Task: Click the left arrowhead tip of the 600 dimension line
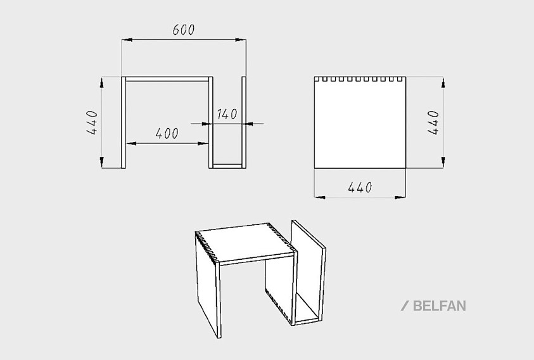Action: tap(122, 40)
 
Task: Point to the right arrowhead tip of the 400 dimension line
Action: tap(208, 143)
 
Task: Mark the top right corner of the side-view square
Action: tap(406, 77)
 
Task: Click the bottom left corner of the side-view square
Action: tap(314, 168)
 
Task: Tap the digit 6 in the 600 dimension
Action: tap(176, 30)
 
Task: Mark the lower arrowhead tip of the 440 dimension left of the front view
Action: tap(101, 168)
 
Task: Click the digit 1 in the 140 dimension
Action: tap(220, 114)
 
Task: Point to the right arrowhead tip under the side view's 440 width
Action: tap(406, 197)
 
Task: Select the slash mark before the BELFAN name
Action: tap(405, 305)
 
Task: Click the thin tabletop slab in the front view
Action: tap(167, 79)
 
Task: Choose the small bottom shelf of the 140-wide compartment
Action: tap(227, 166)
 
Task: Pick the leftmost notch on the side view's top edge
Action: tap(317, 79)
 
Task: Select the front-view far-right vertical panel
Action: tap(244, 122)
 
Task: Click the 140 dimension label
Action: tap(227, 114)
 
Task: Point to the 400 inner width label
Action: tap(167, 134)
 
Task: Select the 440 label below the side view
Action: tap(360, 187)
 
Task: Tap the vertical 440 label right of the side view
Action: tap(433, 123)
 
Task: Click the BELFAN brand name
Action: tap(440, 305)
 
